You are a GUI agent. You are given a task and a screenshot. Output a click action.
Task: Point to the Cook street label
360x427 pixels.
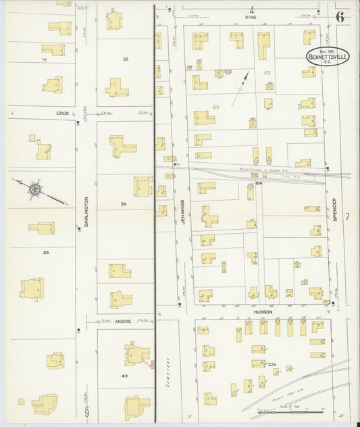(63, 114)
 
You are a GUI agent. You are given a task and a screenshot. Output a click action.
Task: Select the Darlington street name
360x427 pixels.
(86, 211)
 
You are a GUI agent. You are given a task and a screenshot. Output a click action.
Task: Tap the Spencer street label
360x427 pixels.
(334, 211)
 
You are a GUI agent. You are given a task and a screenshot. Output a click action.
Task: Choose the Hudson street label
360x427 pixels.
(263, 311)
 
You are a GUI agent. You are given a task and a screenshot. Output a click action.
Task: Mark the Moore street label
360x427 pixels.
(122, 322)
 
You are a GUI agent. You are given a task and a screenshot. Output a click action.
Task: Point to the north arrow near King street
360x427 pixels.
(240, 89)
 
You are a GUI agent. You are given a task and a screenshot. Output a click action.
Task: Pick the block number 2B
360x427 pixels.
(125, 60)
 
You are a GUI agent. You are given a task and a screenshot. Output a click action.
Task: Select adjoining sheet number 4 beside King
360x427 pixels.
(252, 10)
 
